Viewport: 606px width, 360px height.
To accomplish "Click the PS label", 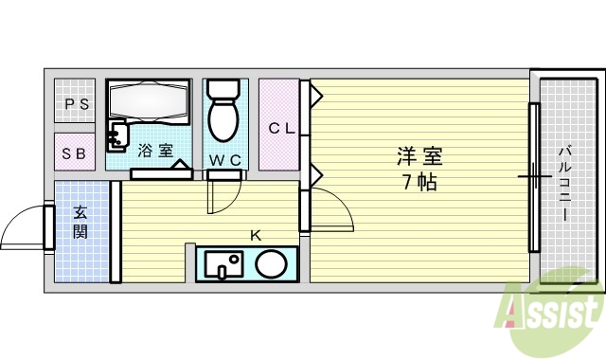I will click(x=77, y=104).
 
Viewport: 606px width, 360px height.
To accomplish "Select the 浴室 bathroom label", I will click(x=154, y=150).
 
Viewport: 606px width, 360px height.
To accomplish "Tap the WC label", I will click(x=224, y=160).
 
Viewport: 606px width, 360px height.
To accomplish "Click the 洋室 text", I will click(x=419, y=155).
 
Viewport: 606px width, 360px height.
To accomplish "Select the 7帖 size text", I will click(x=419, y=182).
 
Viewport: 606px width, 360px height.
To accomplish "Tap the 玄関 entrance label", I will click(x=80, y=224).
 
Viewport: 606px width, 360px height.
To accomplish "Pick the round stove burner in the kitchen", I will click(x=272, y=264).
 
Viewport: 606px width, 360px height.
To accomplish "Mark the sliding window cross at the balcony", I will click(x=534, y=176).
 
